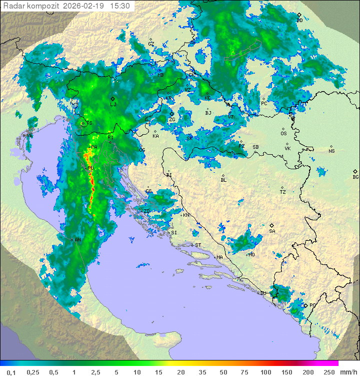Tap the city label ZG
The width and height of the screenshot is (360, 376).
tap(172, 120)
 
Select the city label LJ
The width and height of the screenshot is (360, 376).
tap(113, 104)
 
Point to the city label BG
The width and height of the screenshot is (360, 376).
tap(355, 177)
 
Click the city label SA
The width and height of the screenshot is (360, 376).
tap(272, 231)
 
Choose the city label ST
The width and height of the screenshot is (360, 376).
tap(197, 245)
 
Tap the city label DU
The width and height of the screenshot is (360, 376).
tap(263, 293)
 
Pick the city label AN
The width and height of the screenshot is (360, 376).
tap(77, 240)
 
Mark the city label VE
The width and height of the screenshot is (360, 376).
tap(29, 136)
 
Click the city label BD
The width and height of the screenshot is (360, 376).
tap(299, 21)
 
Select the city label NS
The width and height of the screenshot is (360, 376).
tap(331, 151)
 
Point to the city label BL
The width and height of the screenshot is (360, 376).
tap(223, 180)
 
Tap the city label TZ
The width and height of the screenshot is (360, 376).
tap(282, 192)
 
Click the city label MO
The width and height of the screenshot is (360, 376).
tap(251, 254)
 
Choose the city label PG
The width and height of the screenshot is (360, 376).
tap(312, 305)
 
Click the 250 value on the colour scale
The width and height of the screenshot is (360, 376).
tap(329, 371)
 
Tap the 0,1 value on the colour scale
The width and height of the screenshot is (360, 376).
tap(11, 371)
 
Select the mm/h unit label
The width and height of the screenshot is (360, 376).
tap(348, 371)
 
